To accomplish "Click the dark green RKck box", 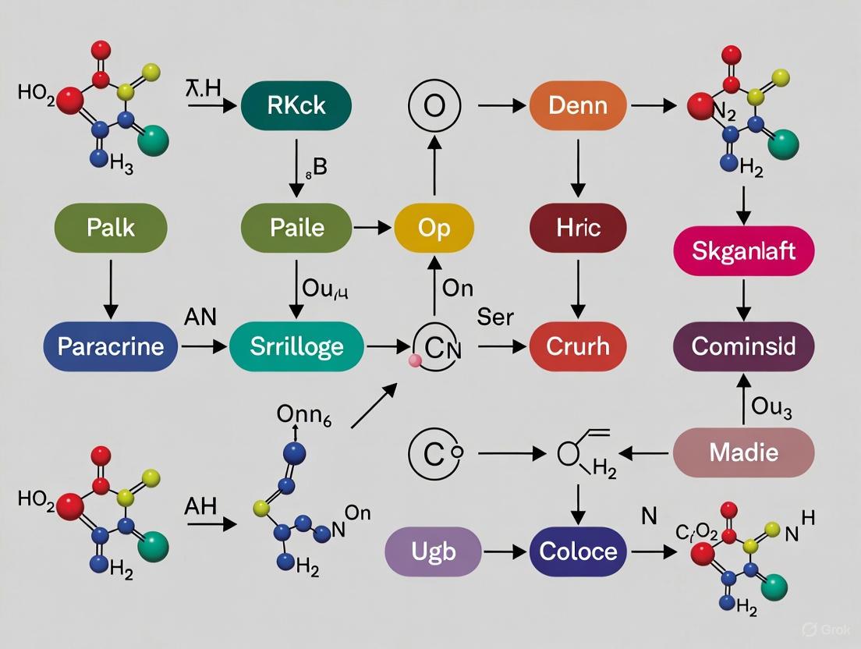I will [x=296, y=105].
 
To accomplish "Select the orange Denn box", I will [x=577, y=105].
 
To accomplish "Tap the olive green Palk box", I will [x=111, y=227].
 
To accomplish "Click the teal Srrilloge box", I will [x=296, y=345].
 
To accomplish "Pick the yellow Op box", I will [x=434, y=227].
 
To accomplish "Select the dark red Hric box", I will [x=577, y=227].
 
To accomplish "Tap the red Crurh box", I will [x=577, y=345].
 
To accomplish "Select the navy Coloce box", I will [x=577, y=551].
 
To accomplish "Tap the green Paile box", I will [x=296, y=227].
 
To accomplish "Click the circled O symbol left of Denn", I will [x=434, y=105].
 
